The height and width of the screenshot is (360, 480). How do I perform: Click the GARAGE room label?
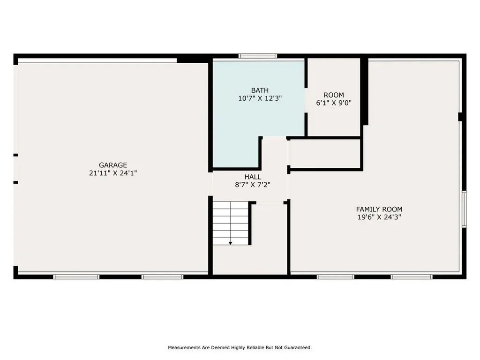tap(113, 165)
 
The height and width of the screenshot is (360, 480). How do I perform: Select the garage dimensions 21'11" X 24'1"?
tap(113, 173)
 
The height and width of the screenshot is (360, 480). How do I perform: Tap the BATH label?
tap(260, 90)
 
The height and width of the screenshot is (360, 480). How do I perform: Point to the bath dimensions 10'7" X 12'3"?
tap(260, 98)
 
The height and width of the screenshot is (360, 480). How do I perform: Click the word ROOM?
tap(334, 95)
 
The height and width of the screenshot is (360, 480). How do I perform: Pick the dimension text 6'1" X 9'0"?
tap(334, 103)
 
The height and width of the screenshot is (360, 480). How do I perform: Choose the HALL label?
tap(253, 177)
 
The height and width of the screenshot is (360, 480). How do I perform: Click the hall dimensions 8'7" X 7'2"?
tap(253, 185)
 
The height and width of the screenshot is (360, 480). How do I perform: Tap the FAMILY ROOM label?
tap(379, 210)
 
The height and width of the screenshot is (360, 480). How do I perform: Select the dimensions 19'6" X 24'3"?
tap(379, 217)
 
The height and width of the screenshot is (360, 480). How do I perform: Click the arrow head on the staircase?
tap(230, 243)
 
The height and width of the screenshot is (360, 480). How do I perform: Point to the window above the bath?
tap(257, 56)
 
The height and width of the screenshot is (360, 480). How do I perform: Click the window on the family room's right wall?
tap(464, 209)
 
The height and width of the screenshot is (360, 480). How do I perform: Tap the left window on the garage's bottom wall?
tap(76, 277)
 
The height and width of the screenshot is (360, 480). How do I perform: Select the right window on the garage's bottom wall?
tap(162, 277)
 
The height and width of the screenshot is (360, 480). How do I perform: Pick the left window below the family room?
tap(335, 277)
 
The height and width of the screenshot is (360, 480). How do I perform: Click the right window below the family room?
tap(412, 277)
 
